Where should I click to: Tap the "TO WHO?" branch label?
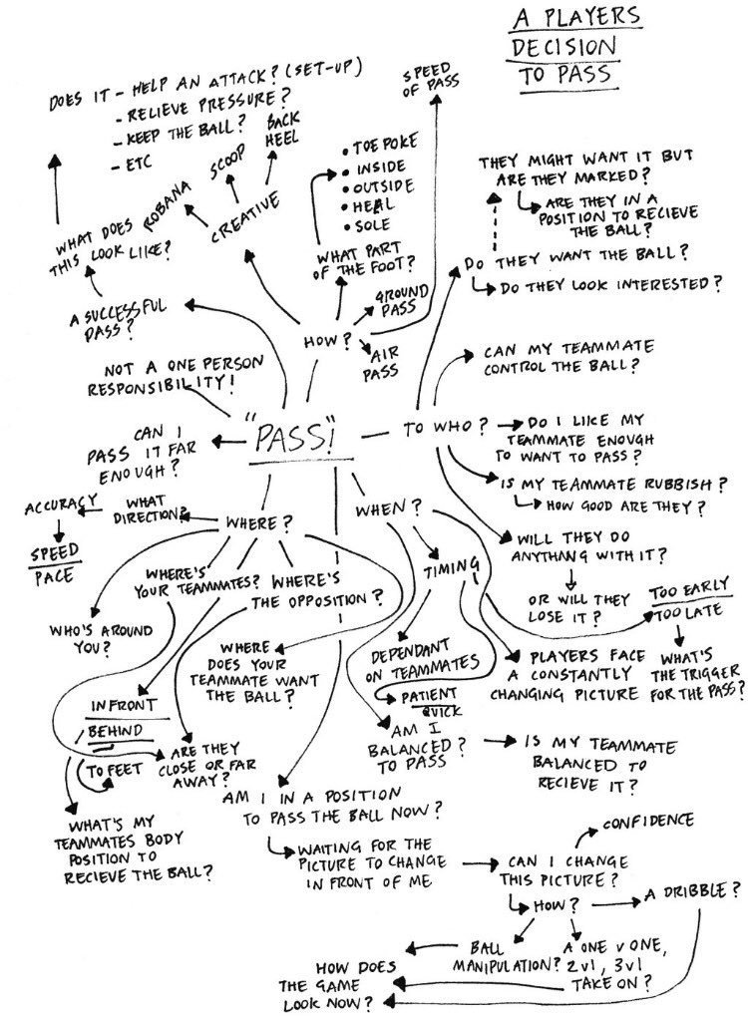(x=439, y=431)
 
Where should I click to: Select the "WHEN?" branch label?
(x=380, y=509)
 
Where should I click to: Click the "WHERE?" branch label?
(x=258, y=521)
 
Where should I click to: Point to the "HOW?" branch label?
(x=320, y=340)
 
